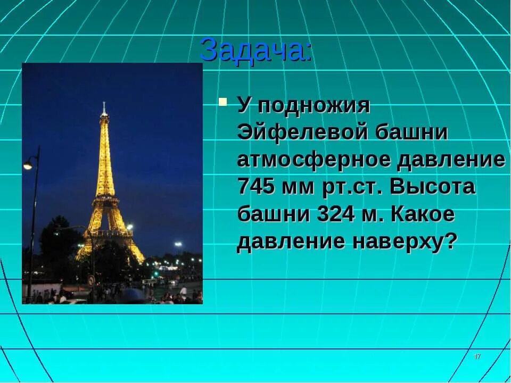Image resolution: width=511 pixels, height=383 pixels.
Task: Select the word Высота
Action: coord(433,187)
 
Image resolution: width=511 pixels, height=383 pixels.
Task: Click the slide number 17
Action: coord(477,356)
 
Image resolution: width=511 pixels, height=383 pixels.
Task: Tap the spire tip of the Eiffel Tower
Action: coord(104,104)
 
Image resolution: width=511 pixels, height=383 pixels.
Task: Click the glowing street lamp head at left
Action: coord(28,165)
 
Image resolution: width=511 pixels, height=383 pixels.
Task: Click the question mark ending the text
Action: coord(451,242)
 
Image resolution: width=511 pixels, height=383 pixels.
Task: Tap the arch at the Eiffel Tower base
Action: coord(110,246)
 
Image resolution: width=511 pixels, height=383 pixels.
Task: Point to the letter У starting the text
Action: coord(243,105)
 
